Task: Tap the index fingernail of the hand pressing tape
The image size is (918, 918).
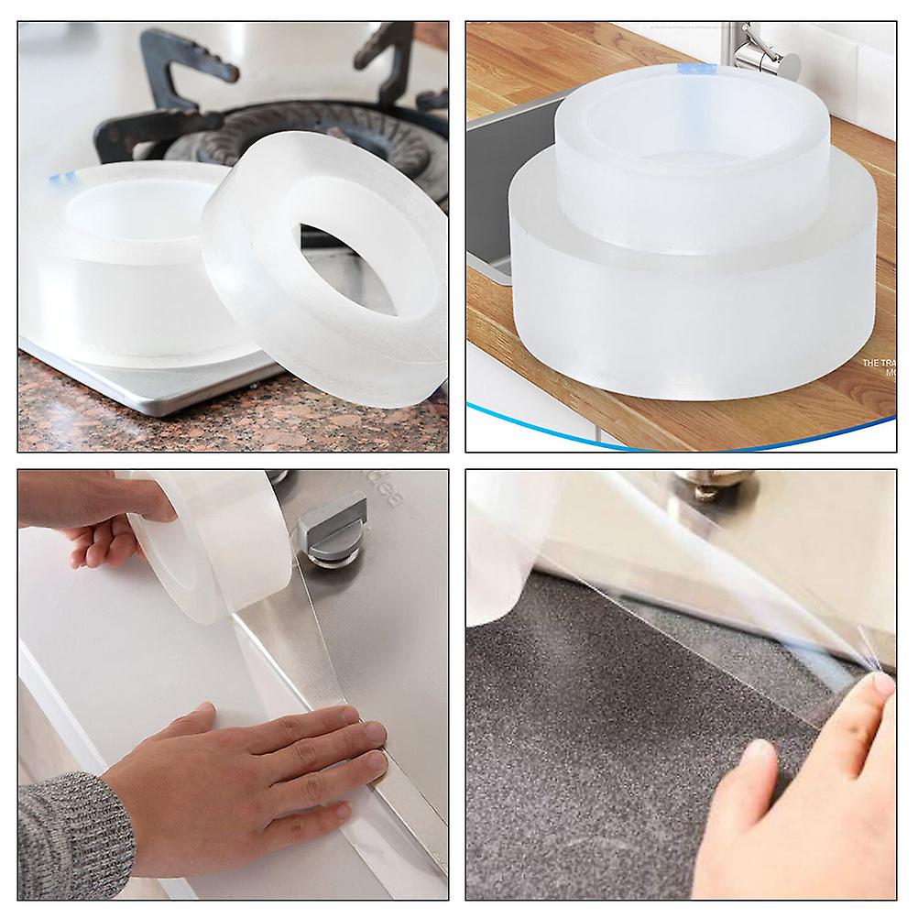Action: (x=375, y=733)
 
